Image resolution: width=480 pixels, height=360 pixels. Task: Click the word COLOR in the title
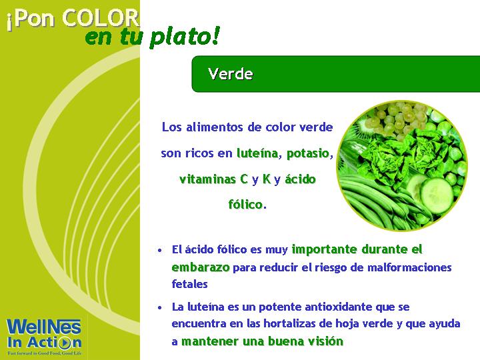click(101, 19)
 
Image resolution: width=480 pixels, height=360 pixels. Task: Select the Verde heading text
click(231, 74)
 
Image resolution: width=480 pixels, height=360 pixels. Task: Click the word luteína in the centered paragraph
click(258, 153)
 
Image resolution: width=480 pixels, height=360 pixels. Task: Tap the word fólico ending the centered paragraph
click(245, 204)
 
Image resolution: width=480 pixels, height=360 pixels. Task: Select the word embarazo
click(201, 267)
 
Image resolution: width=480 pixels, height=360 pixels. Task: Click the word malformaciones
click(409, 267)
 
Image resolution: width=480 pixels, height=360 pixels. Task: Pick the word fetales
click(189, 284)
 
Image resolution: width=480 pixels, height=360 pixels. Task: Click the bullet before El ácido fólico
click(159, 251)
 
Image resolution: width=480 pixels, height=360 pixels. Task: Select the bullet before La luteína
click(159, 307)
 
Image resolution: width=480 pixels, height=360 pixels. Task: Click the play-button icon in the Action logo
click(65, 343)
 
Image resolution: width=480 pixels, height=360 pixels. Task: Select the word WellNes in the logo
click(44, 327)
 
